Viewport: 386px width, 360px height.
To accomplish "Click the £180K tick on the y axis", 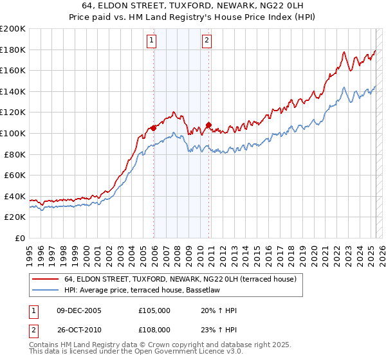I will (13, 50).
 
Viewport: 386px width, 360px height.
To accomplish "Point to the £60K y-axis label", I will (15, 175).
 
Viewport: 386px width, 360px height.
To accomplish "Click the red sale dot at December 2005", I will (154, 129).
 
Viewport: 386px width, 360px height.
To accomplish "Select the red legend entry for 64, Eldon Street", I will (179, 279).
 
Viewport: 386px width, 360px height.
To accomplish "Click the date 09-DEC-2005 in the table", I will (79, 310).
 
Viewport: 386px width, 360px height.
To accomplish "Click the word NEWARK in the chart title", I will (231, 6).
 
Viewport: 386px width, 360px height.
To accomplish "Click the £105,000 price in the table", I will (154, 310).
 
